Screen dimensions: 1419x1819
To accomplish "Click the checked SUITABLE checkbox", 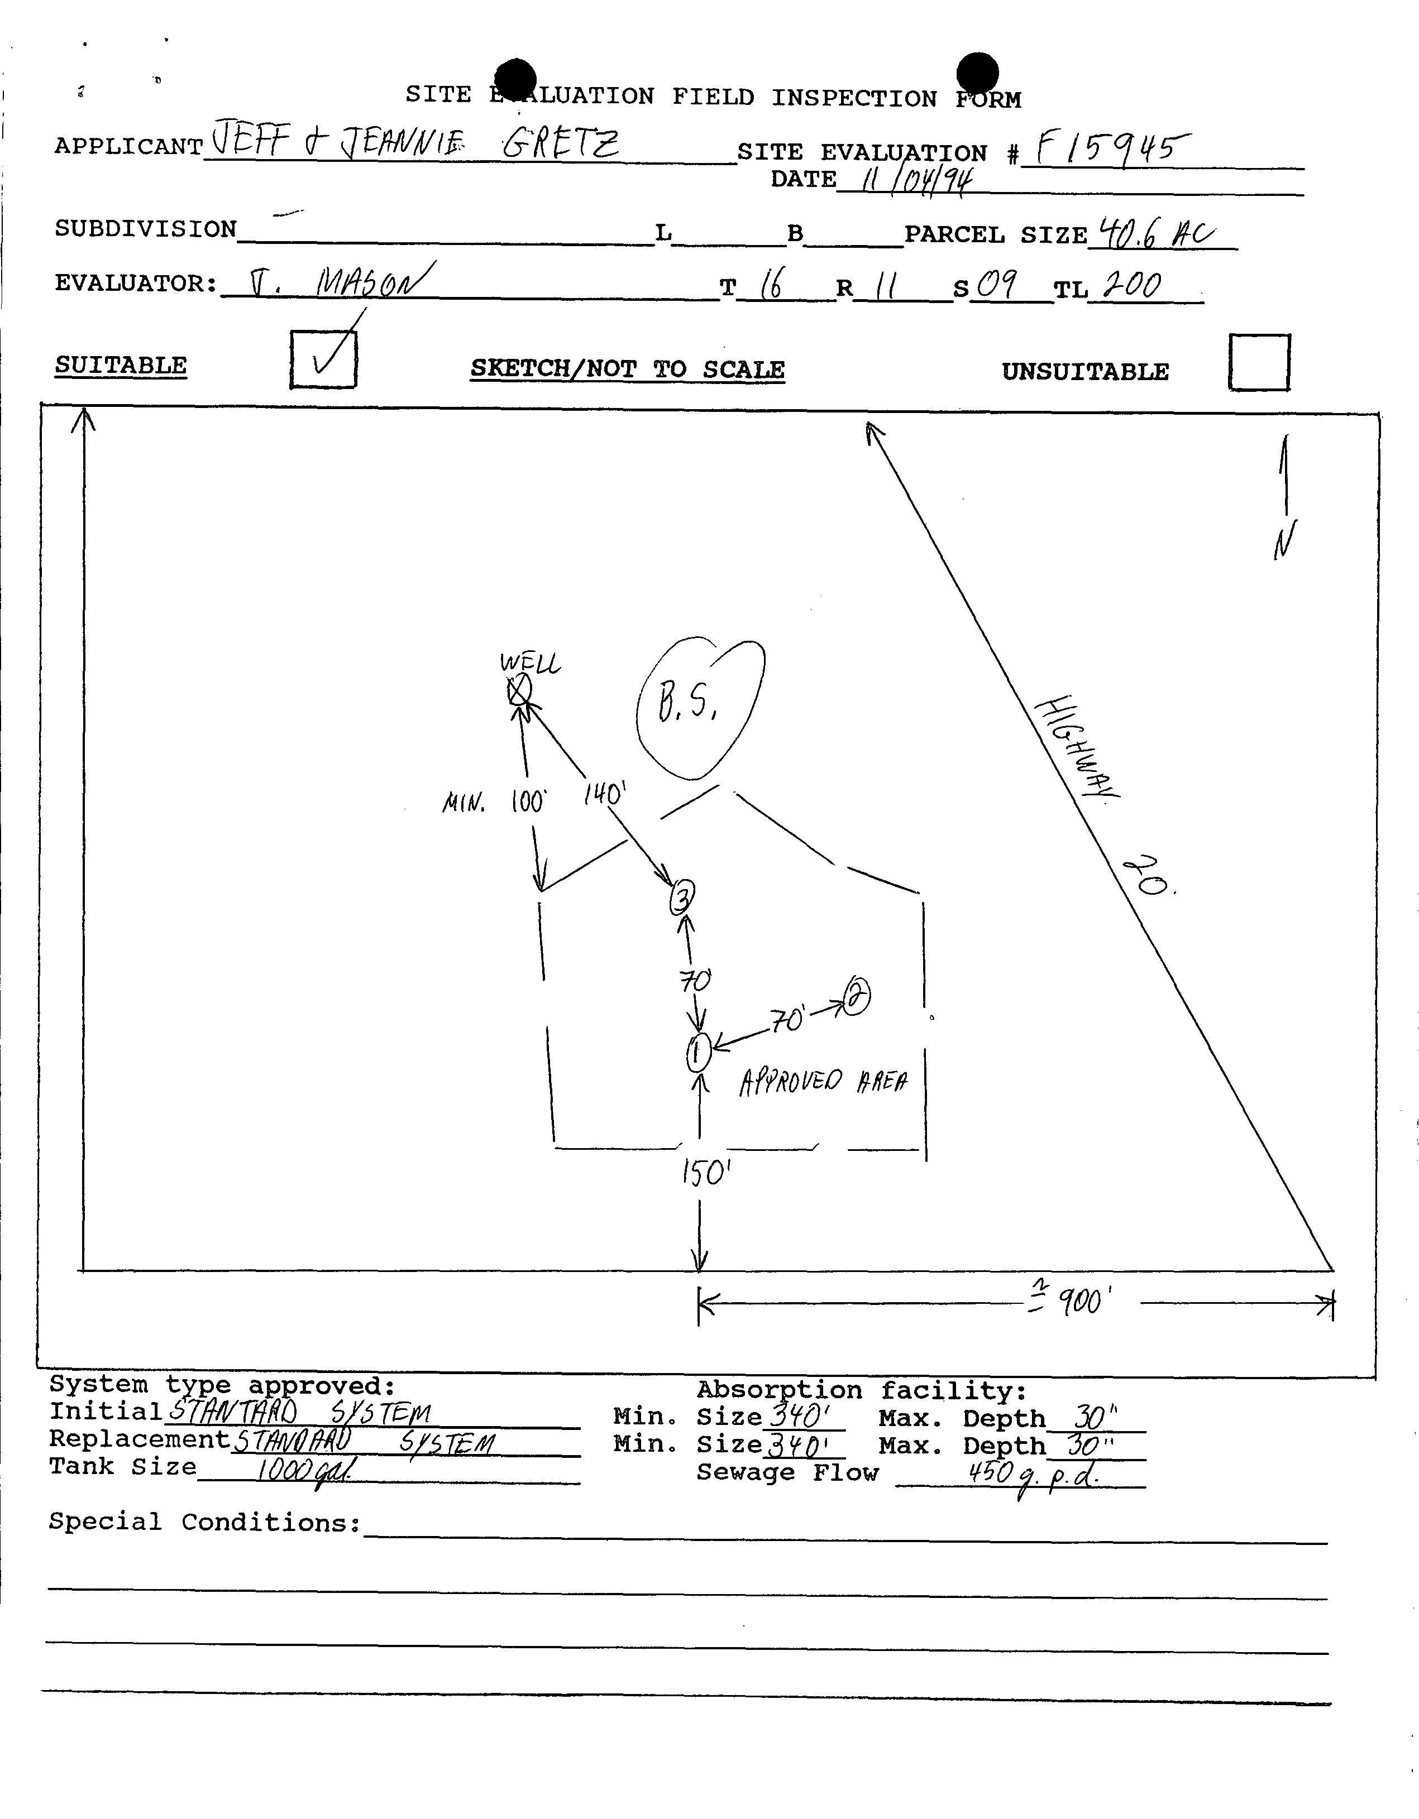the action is point(323,360).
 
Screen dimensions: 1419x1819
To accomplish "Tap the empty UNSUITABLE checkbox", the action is point(1259,362).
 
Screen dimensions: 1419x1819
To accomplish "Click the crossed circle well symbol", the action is point(519,690).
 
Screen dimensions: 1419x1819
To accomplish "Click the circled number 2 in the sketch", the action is point(857,996).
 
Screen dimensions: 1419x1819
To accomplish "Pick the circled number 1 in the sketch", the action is point(698,1054).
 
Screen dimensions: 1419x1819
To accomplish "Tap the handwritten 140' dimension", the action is point(604,794).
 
